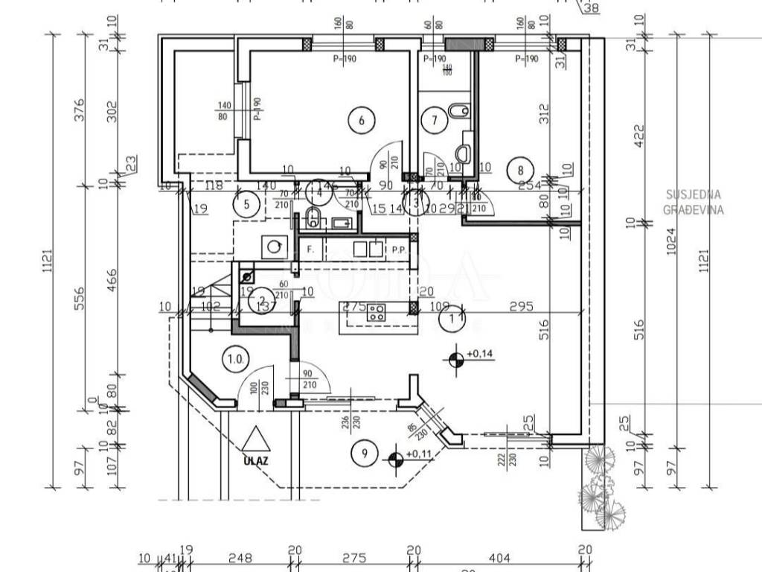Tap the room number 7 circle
(x=433, y=118)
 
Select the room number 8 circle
(x=520, y=170)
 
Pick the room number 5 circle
(x=246, y=201)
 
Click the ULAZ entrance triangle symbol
(x=254, y=439)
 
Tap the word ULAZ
(x=254, y=460)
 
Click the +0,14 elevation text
(x=480, y=355)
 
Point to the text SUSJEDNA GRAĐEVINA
(x=694, y=202)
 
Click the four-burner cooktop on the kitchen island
(x=375, y=313)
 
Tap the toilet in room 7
(x=458, y=112)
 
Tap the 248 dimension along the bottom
(x=240, y=557)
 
